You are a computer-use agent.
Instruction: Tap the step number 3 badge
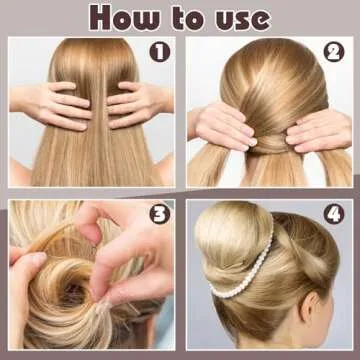coord(159,214)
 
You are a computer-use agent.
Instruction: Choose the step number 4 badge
coord(334,214)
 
